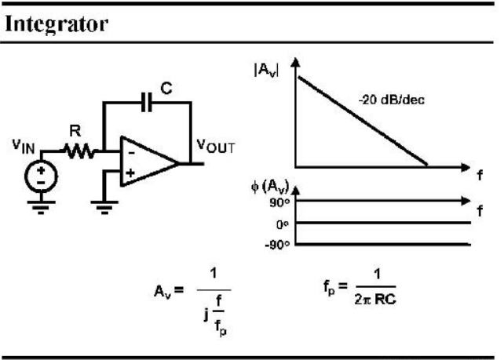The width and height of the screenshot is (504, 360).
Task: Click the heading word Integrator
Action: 57,24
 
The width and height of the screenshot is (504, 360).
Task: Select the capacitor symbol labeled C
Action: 147,102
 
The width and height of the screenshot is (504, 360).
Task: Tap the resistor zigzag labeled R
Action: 79,151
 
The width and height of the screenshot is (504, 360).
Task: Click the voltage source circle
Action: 41,176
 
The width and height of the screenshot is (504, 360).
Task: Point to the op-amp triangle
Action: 148,162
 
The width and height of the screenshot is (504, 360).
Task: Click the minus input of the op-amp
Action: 131,152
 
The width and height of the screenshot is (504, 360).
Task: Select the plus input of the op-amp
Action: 130,173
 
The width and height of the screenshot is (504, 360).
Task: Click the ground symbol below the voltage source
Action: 41,208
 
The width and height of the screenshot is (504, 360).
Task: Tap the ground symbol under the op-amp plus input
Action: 104,208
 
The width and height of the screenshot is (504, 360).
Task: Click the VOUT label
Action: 216,147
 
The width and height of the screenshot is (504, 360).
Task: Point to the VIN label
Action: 24,146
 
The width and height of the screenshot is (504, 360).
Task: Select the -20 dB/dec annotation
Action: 392,100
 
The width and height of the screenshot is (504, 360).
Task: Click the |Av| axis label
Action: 266,70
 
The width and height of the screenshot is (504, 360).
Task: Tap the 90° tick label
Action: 279,203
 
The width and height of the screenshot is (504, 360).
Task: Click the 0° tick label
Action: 282,225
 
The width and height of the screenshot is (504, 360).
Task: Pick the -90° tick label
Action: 277,245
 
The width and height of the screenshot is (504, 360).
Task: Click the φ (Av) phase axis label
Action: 270,187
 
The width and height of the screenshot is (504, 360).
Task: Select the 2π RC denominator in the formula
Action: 375,300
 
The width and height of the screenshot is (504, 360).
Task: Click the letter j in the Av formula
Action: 206,314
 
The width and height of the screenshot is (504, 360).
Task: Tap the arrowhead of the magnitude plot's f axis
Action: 465,167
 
